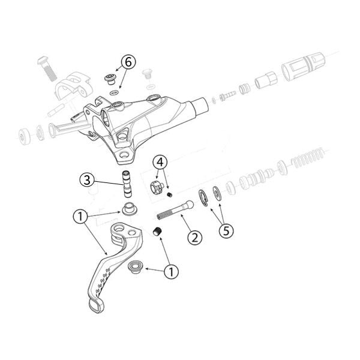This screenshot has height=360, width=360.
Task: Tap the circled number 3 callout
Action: pos(87,179)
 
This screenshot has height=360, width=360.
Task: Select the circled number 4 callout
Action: pos(160,163)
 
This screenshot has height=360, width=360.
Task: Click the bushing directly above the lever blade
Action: pos(128,210)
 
